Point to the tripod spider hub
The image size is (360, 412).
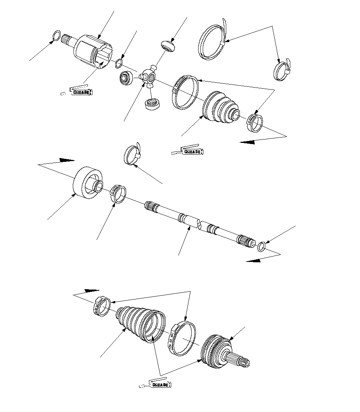point(149,76)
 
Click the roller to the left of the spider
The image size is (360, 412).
point(127,78)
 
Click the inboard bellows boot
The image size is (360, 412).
point(221,107)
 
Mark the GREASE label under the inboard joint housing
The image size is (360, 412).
point(81,92)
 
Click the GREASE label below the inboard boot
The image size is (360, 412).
point(193,152)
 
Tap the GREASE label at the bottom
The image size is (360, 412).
point(160,385)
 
